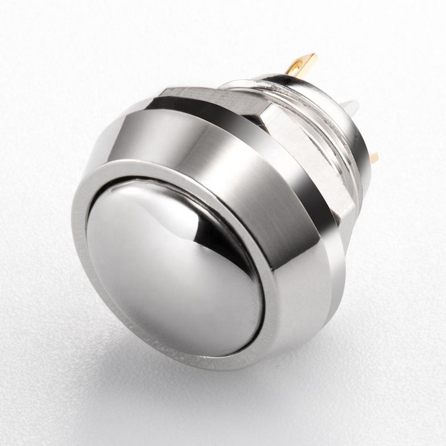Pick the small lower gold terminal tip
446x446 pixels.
pos(375,157)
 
